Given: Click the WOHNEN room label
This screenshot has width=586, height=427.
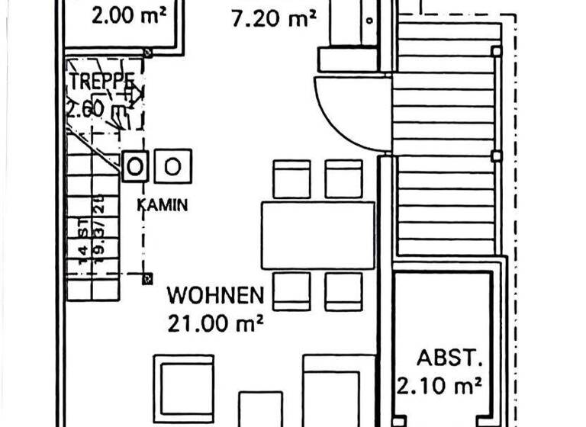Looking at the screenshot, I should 216,294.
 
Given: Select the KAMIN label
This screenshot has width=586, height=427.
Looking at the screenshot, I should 163,204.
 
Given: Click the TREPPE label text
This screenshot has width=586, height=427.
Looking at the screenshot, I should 101,82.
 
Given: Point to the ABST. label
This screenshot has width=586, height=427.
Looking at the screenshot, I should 440,357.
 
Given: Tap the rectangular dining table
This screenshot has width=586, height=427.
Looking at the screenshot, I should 317,235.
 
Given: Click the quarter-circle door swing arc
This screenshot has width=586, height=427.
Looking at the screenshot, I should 343,114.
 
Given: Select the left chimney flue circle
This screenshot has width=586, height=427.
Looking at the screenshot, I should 136,165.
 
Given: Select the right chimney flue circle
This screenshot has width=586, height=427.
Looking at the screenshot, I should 173,165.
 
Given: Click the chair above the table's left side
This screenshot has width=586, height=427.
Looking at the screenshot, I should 291,178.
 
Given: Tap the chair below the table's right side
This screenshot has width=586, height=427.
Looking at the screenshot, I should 343,291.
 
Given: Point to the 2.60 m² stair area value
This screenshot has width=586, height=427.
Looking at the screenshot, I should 95,109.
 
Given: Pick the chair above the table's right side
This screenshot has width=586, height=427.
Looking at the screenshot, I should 343,178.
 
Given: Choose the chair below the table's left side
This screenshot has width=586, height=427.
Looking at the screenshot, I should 291,291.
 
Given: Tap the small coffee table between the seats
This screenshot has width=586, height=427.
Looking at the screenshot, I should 260,408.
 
